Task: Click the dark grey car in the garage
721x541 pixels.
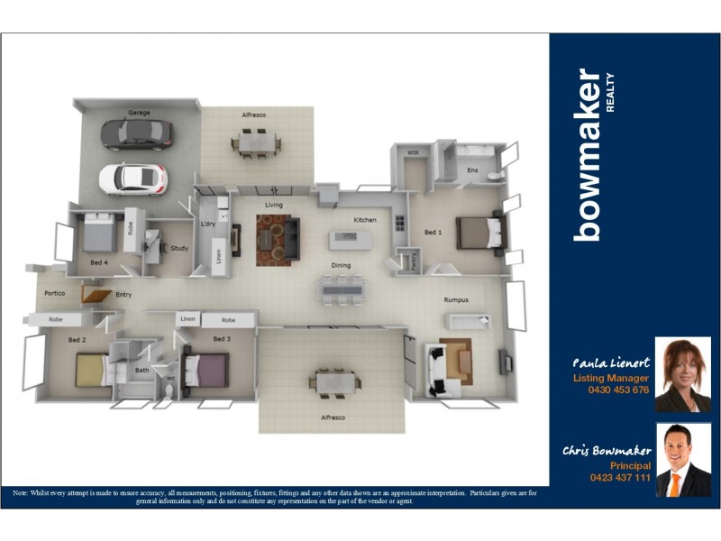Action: click(136, 133)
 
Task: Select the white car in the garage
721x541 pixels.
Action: click(132, 178)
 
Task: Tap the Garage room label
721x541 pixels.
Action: click(139, 113)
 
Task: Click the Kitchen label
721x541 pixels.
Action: click(365, 220)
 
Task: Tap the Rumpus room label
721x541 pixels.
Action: click(456, 300)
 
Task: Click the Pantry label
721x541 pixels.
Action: click(413, 260)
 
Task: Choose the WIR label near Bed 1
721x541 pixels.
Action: click(414, 153)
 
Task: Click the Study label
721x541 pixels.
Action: click(179, 248)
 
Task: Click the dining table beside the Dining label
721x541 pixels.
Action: click(342, 289)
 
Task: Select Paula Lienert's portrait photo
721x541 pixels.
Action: click(682, 374)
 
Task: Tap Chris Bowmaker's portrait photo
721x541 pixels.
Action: click(682, 460)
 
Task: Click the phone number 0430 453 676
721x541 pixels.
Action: click(618, 390)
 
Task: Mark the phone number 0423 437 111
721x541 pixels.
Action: click(620, 477)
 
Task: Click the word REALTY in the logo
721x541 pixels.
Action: click(610, 92)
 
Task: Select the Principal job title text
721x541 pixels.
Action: click(630, 465)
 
